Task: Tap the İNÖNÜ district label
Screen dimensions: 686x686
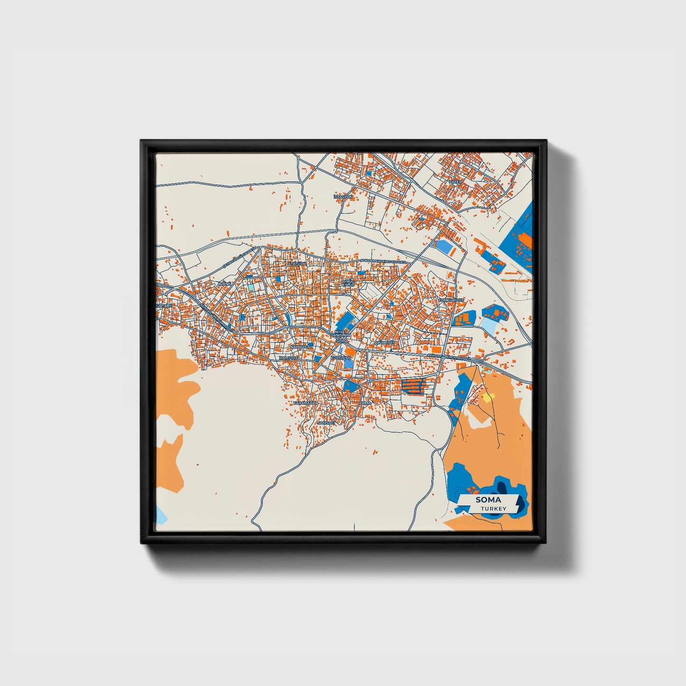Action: coord(224,284)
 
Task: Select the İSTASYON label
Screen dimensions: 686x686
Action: coord(343,197)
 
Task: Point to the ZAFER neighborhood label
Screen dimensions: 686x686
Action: coord(455,182)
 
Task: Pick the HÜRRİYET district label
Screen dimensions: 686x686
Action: coord(385,342)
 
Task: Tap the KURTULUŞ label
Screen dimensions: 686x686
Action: coord(341,357)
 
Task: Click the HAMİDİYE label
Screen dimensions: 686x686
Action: coord(290,357)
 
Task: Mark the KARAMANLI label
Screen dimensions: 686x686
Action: coord(304,403)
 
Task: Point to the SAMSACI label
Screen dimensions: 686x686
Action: coord(326,422)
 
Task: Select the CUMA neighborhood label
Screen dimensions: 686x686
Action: coord(365,403)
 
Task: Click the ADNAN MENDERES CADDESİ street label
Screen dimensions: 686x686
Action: coord(384,261)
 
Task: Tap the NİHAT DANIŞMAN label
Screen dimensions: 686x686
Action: coord(342,334)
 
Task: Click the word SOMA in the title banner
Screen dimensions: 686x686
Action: coord(488,500)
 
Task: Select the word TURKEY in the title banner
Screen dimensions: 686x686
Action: coord(493,509)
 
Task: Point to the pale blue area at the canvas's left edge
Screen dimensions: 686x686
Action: coord(160,515)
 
